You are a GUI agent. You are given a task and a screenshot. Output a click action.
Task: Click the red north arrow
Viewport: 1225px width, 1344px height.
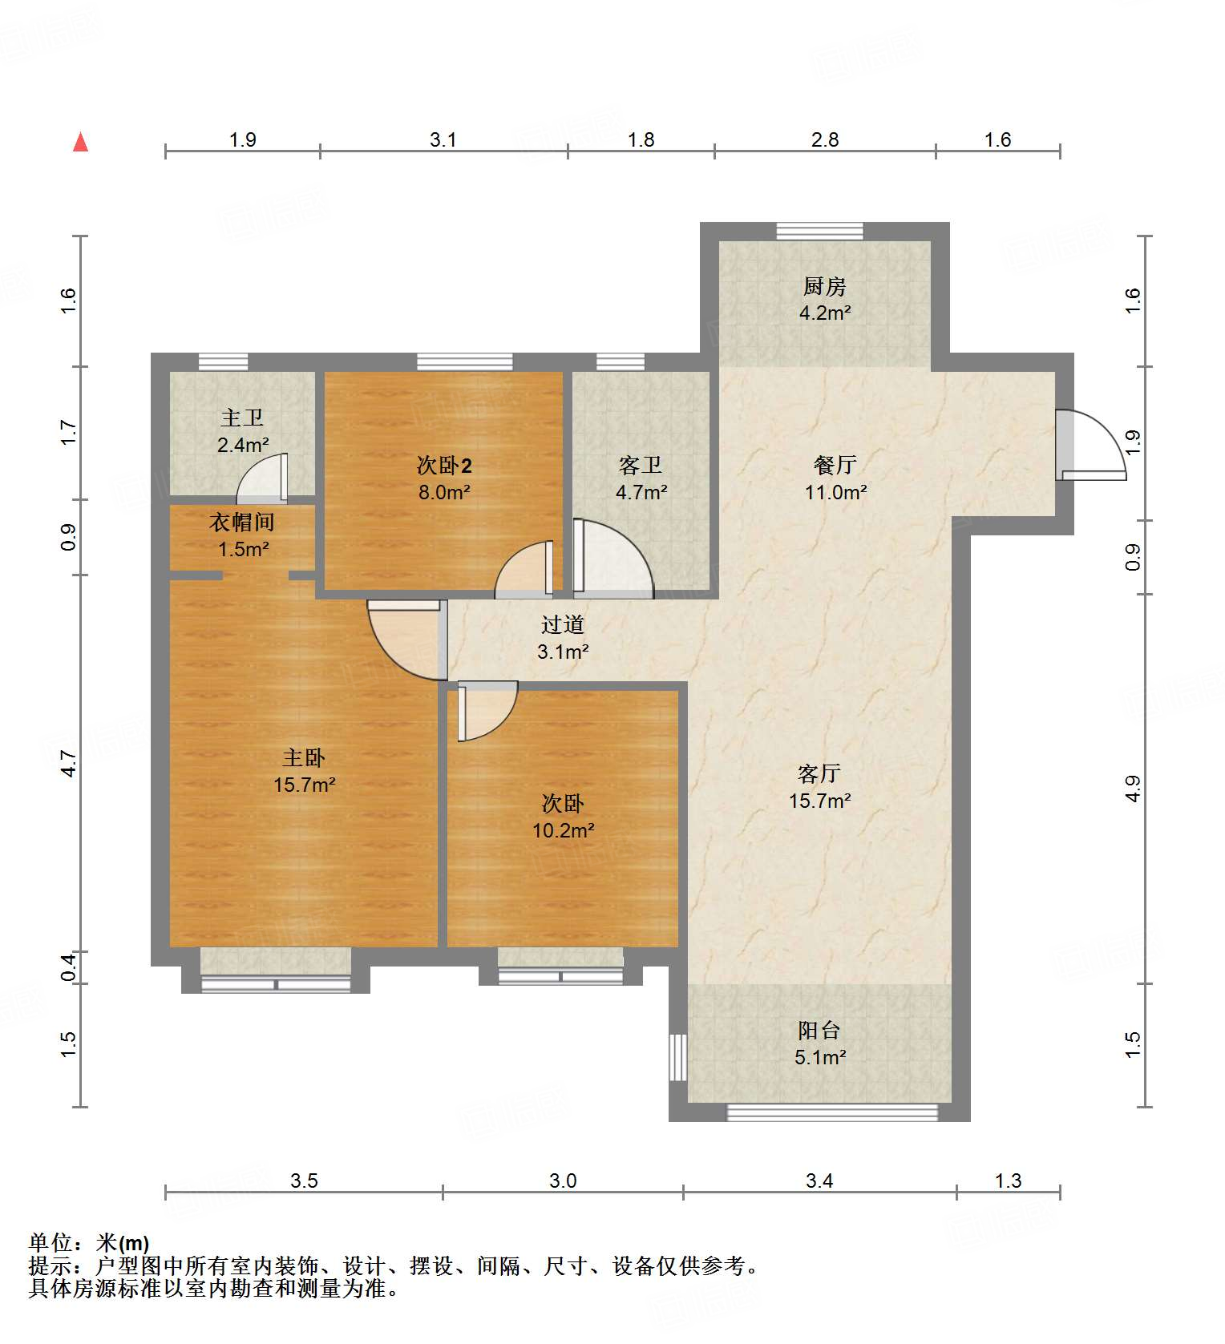coord(80,143)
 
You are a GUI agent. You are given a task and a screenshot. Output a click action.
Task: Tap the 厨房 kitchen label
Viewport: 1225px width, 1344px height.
coord(824,286)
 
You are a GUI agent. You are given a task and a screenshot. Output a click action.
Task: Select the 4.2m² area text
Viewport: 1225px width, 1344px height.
coord(824,313)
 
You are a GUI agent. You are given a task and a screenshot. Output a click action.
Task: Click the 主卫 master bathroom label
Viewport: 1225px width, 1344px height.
coord(242,418)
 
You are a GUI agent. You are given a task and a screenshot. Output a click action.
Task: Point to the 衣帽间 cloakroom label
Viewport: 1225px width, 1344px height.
coord(242,523)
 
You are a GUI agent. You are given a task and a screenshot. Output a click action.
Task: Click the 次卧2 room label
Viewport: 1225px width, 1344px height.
coord(444,465)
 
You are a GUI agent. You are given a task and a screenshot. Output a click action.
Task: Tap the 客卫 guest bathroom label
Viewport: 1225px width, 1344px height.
coord(641,465)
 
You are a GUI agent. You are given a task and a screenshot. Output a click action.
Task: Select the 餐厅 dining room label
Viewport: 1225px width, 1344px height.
coord(835,465)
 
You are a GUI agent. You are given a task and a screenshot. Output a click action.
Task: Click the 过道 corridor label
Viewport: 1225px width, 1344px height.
coord(562,624)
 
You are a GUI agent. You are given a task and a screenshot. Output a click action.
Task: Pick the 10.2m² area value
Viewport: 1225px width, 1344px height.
coord(563,831)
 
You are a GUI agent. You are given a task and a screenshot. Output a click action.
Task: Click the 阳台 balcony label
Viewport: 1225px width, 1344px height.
coord(819,1030)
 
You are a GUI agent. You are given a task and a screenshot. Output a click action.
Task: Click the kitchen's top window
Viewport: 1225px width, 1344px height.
coord(819,231)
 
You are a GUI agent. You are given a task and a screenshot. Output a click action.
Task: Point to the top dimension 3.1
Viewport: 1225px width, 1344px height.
coord(443,140)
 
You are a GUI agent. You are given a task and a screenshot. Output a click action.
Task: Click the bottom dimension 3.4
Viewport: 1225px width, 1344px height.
coord(819,1181)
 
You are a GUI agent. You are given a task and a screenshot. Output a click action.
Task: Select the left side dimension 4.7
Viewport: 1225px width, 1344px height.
coord(69,763)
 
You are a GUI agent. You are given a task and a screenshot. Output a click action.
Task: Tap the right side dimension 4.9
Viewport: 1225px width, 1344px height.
coord(1132,789)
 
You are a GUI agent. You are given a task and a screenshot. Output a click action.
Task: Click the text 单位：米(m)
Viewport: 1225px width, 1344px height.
coord(89,1243)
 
